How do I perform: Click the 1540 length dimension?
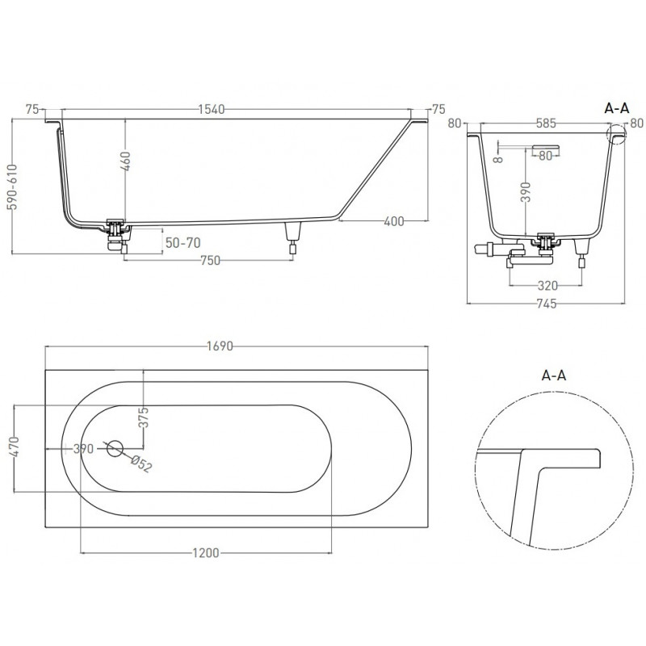coord(212,109)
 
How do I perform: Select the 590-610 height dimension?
coord(14,187)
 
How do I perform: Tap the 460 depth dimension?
coord(127,161)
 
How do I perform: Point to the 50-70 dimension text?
coord(183,243)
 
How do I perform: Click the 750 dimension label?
coord(210,260)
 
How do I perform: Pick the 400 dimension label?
coord(394,221)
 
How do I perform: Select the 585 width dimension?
coord(546,123)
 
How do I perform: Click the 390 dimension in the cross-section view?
coord(526,191)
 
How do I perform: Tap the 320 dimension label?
coord(548,285)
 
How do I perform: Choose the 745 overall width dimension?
coord(547,304)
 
